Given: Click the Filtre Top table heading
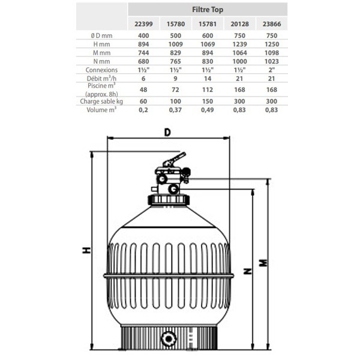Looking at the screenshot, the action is pyautogui.click(x=208, y=10).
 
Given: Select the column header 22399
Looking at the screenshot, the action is pyautogui.click(x=143, y=24).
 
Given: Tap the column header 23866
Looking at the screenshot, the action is pyautogui.click(x=272, y=24).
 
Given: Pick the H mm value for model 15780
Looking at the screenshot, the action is pyautogui.click(x=175, y=44).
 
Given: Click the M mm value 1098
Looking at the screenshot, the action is pyautogui.click(x=272, y=53).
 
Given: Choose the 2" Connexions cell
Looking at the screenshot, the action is pyautogui.click(x=272, y=70).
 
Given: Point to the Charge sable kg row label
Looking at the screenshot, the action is pyautogui.click(x=101, y=101).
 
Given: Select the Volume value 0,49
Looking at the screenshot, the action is pyautogui.click(x=208, y=110).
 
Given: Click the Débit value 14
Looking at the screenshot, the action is pyautogui.click(x=208, y=79).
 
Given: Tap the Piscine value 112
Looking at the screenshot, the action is pyautogui.click(x=208, y=89).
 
